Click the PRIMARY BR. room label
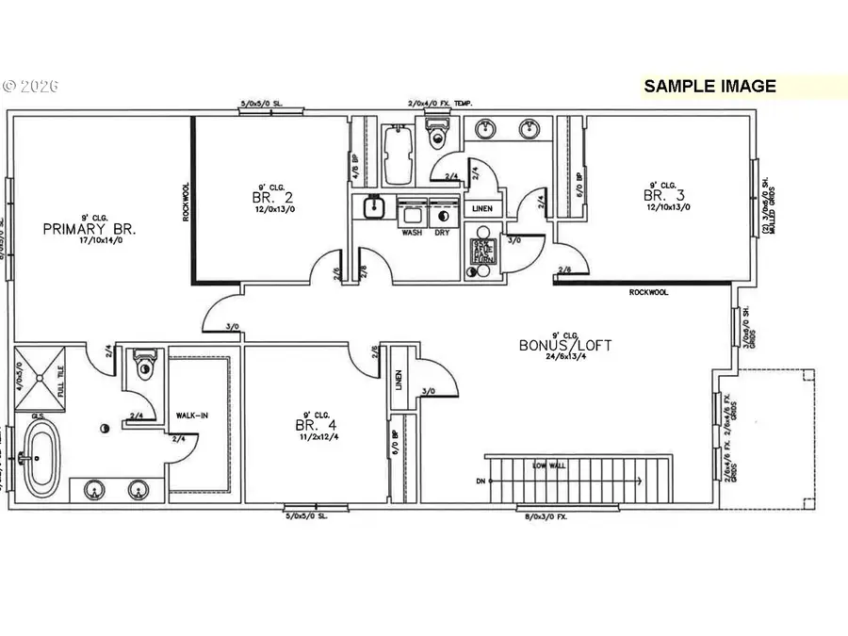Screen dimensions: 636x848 [90, 229]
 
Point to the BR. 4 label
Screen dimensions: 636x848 [312, 425]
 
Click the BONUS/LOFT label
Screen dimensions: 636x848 [564, 345]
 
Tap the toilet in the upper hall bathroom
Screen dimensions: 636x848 [436, 135]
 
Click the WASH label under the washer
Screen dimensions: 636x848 [412, 232]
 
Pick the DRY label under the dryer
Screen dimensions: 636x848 [441, 232]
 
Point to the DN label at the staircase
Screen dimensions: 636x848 [480, 481]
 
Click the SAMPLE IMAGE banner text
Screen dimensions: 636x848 [709, 86]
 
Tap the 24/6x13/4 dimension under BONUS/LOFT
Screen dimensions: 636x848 [564, 357]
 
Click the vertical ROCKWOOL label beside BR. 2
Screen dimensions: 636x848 [186, 202]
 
